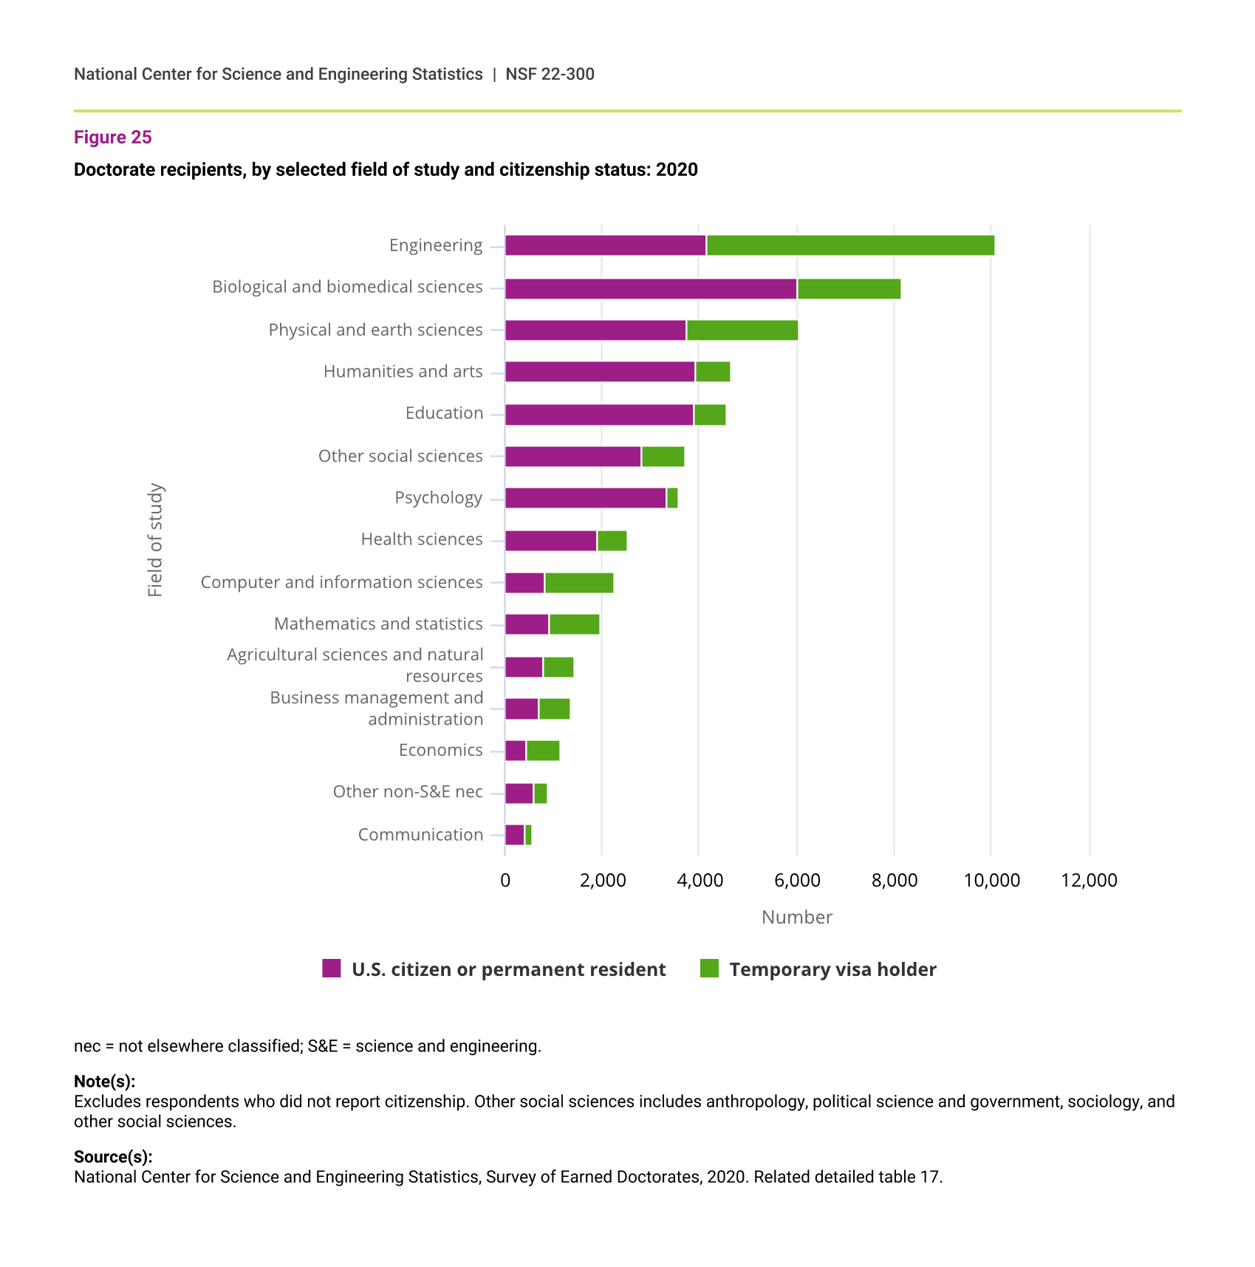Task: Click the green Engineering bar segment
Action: (x=849, y=245)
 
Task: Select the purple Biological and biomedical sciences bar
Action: (x=650, y=289)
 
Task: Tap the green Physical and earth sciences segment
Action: (x=742, y=330)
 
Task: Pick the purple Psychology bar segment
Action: (x=585, y=498)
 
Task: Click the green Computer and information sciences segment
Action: (x=578, y=583)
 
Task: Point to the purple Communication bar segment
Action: (x=514, y=835)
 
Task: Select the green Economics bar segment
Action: (x=542, y=751)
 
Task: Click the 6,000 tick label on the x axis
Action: (x=796, y=880)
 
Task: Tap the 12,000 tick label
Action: (x=1088, y=880)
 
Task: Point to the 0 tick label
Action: (x=505, y=880)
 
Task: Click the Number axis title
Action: (x=796, y=917)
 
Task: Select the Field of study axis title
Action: (x=155, y=540)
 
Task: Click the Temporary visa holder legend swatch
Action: (x=709, y=969)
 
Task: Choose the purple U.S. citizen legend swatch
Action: (x=332, y=969)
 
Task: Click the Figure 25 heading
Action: (x=112, y=137)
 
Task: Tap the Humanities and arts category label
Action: (x=403, y=372)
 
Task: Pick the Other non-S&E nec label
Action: (x=407, y=792)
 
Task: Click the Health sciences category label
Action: (x=421, y=539)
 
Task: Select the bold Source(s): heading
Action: (x=113, y=1157)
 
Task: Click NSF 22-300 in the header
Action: (x=550, y=74)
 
